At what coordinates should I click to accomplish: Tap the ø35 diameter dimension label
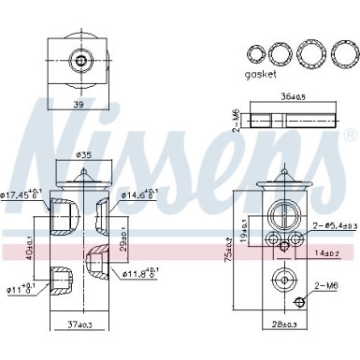click(83, 155)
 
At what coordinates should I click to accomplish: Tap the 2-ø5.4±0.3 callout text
click(334, 226)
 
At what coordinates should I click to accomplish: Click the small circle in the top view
click(82, 62)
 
